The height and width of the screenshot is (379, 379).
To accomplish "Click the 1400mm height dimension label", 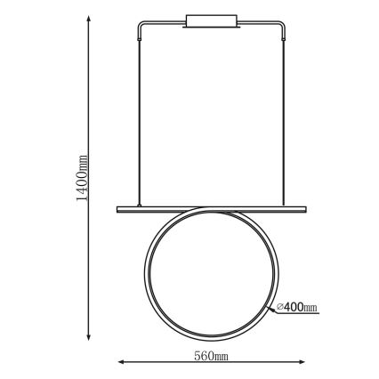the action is click(x=82, y=178).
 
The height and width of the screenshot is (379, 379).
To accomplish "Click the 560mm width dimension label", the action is click(x=211, y=355).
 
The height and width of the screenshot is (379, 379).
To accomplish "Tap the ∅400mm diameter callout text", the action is click(x=296, y=307).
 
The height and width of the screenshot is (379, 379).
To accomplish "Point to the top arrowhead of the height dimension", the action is click(x=88, y=20).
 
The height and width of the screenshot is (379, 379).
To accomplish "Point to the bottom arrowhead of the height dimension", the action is click(x=88, y=336).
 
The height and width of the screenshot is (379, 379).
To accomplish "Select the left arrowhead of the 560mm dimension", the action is click(x=122, y=362).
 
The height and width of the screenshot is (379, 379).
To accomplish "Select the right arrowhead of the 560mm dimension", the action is click(x=302, y=362).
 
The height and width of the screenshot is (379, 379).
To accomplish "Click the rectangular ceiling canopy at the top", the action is click(x=212, y=21).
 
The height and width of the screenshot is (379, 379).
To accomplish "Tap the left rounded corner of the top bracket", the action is click(x=141, y=25).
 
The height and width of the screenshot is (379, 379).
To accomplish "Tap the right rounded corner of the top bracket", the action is click(x=282, y=25).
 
